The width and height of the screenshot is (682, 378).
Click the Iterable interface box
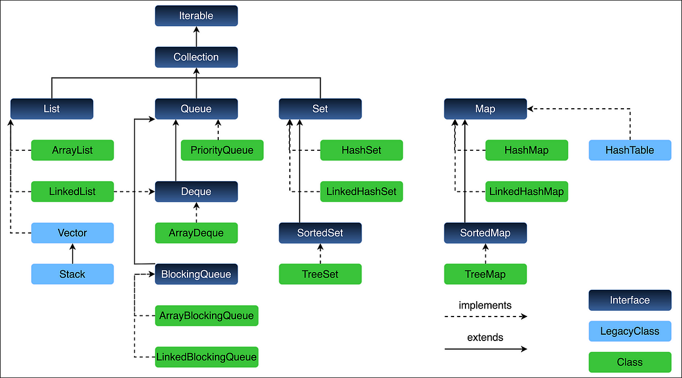(196, 15)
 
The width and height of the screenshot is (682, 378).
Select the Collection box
(196, 57)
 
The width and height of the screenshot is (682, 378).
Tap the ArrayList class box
(72, 150)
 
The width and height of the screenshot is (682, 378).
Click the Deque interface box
(196, 192)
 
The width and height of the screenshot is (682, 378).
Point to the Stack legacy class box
(72, 274)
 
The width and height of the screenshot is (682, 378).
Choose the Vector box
(72, 233)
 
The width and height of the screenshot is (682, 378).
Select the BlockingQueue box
(196, 274)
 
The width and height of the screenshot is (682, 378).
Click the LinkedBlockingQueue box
(206, 357)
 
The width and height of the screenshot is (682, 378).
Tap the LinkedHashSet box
(361, 192)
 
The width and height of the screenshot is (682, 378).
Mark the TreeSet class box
(320, 274)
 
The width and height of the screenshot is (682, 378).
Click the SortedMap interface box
(485, 233)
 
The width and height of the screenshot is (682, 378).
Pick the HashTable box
(630, 150)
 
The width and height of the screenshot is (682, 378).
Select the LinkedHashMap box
(526, 192)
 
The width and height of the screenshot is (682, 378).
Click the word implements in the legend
(485, 305)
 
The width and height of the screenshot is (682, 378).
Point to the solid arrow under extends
(485, 349)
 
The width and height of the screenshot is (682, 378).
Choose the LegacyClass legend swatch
(630, 331)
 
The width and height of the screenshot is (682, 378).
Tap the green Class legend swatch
(630, 362)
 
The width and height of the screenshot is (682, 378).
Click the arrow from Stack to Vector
(72, 253)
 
